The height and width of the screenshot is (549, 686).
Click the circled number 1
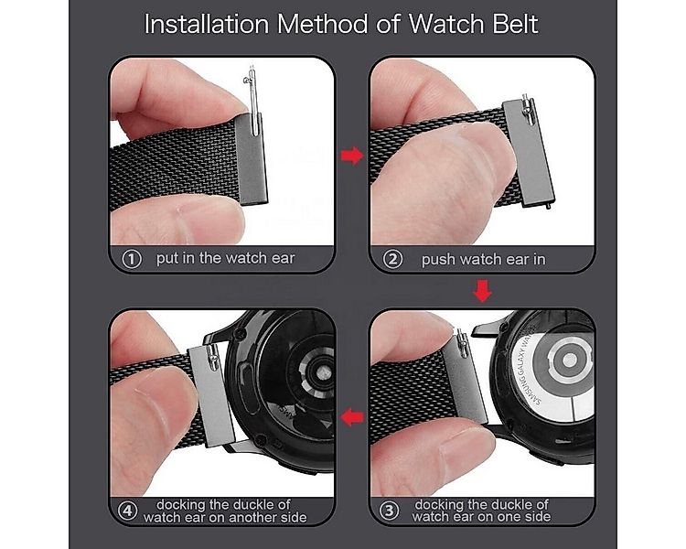click(131, 259)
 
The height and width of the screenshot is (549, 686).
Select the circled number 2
click(393, 259)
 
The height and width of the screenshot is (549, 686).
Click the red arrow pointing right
click(351, 156)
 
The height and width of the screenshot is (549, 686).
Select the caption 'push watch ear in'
click(483, 259)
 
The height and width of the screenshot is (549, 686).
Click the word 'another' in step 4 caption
click(252, 517)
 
